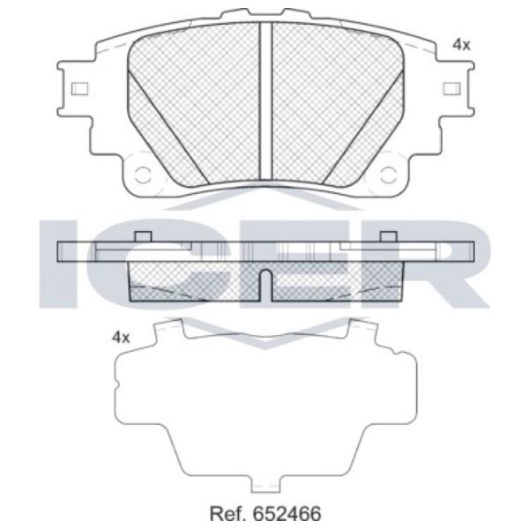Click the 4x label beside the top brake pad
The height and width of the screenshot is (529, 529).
click(x=461, y=45)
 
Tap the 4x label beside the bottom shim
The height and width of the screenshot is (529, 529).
click(x=121, y=337)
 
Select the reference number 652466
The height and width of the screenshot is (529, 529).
click(x=287, y=514)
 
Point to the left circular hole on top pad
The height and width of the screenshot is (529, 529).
click(x=142, y=175)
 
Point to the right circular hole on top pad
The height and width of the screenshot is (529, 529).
click(x=388, y=175)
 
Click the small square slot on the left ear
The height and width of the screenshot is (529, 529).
click(x=80, y=89)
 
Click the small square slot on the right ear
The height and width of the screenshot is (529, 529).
click(x=451, y=89)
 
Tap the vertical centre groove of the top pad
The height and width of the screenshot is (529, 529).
click(x=265, y=101)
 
